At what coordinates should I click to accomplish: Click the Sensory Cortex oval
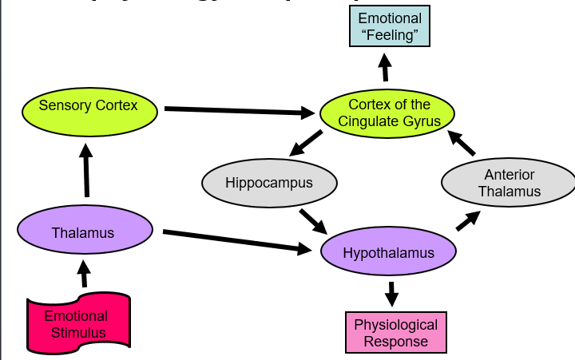[x=89, y=106]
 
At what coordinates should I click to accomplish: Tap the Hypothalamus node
[x=388, y=253]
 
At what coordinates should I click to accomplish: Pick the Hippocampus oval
[x=269, y=183]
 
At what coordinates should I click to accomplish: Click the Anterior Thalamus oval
[x=509, y=183]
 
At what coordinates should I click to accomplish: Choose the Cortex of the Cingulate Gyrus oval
[x=388, y=113]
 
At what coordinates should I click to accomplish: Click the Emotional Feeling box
[x=390, y=28]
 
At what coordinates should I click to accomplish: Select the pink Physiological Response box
[x=395, y=333]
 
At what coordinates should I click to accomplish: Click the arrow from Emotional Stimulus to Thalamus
[x=85, y=274]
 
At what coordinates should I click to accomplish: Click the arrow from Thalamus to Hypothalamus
[x=236, y=241]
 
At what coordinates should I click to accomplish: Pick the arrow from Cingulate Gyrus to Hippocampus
[x=306, y=144]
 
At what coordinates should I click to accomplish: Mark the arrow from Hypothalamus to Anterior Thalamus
[x=468, y=220]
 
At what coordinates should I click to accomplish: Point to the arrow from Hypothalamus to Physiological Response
[x=391, y=292]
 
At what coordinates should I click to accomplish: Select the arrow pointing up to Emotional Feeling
[x=385, y=68]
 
